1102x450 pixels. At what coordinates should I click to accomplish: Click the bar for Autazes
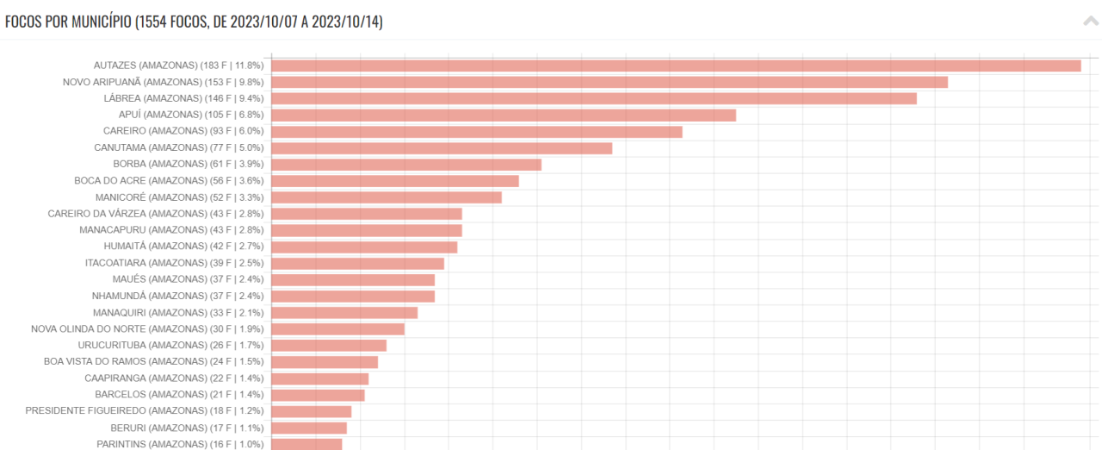[676, 66]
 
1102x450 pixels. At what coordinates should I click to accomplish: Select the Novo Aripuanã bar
[610, 82]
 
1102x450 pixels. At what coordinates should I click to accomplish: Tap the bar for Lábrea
[594, 98]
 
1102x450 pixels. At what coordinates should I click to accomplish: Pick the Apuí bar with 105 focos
[504, 115]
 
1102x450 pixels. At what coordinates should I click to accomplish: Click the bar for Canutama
[442, 148]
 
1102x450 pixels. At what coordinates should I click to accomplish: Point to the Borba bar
[406, 165]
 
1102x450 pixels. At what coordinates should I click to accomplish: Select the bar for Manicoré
[387, 197]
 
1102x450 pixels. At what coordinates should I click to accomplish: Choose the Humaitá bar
[364, 247]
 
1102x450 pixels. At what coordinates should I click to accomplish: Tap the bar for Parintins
[306, 444]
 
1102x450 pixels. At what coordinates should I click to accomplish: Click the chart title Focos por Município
[194, 22]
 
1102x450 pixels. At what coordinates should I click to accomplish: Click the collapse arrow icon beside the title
[1090, 22]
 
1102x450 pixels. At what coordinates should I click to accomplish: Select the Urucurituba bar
[329, 346]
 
